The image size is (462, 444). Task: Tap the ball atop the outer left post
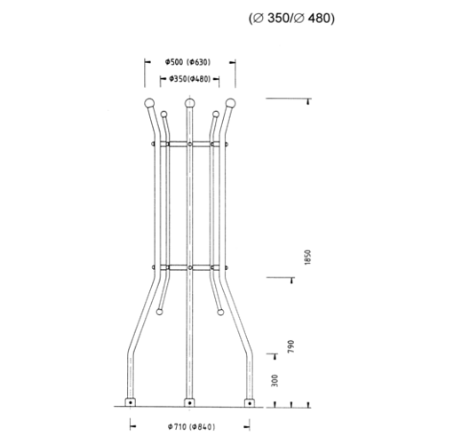click(147, 105)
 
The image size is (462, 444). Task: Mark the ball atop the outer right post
click(231, 105)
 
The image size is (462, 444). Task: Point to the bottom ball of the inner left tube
click(159, 311)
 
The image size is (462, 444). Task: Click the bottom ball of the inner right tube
click(219, 311)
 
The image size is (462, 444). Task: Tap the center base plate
click(188, 401)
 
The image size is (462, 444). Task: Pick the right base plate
click(248, 401)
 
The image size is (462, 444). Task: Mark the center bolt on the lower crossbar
click(188, 266)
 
